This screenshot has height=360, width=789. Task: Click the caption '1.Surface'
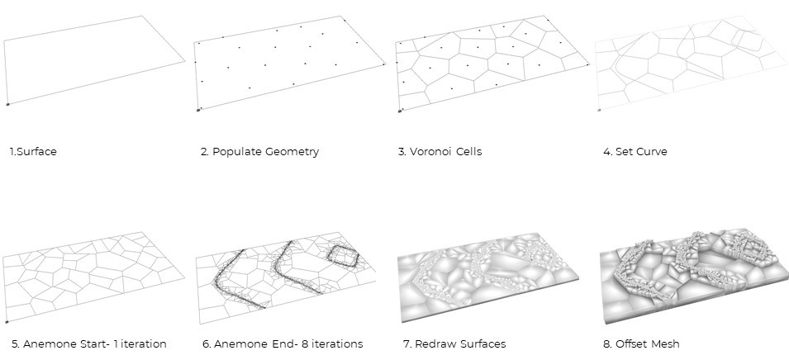[32, 153]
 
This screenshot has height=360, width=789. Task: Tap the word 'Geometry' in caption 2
[291, 153]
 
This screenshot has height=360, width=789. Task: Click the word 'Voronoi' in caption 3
[431, 153]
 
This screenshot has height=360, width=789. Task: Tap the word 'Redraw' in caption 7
[431, 343]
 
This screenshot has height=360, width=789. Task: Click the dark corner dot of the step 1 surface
[7, 104]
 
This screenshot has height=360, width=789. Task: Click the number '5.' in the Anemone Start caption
[15, 343]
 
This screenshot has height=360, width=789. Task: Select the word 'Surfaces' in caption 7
[481, 343]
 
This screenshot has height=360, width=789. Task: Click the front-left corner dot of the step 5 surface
[6, 322]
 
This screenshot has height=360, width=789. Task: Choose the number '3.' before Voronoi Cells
[402, 153]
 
